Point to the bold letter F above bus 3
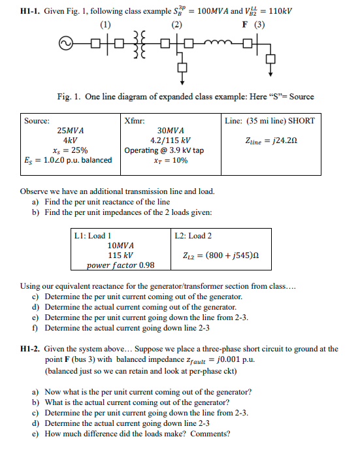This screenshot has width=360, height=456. point(244,26)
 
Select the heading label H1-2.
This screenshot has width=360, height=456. point(27,349)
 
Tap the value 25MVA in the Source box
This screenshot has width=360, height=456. point(70,130)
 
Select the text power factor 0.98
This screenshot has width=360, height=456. point(121,265)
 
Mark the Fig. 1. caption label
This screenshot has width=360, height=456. point(69,97)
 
